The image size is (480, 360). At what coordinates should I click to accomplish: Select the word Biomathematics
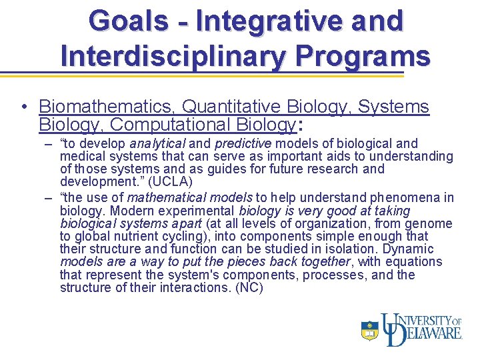pyautogui.click(x=107, y=107)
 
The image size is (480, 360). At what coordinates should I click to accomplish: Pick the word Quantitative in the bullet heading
pyautogui.click(x=231, y=107)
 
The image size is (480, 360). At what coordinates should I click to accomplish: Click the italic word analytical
pyautogui.click(x=158, y=143)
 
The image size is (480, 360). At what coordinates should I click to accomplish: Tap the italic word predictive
pyautogui.click(x=243, y=143)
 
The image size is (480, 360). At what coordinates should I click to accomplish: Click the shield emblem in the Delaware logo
pyautogui.click(x=370, y=330)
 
